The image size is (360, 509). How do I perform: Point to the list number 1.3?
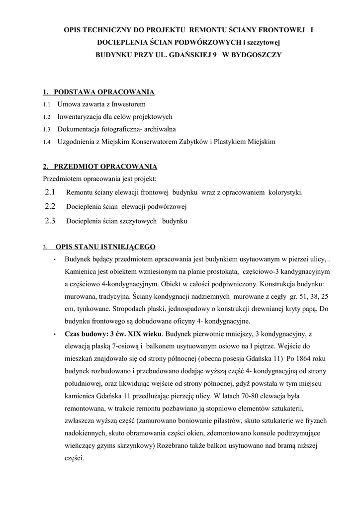[x=47, y=130]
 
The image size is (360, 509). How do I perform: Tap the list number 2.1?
[x=50, y=192]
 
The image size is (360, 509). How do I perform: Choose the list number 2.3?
[x=50, y=221]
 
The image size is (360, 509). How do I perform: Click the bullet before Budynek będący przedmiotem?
[x=54, y=259]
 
